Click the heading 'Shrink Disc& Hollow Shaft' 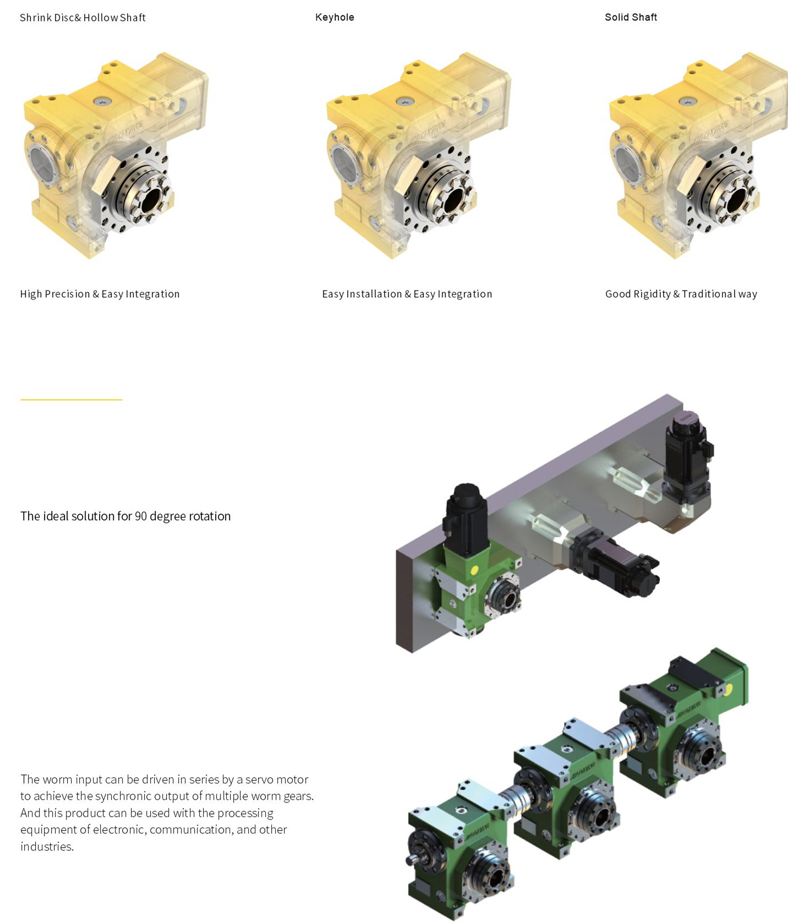[83, 18]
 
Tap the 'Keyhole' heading [335, 18]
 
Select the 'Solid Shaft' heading [631, 18]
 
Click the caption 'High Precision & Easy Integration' [100, 294]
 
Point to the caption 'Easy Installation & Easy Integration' [407, 294]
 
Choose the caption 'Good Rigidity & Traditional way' [681, 294]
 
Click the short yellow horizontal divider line [72, 400]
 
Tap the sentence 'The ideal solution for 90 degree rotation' [125, 516]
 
